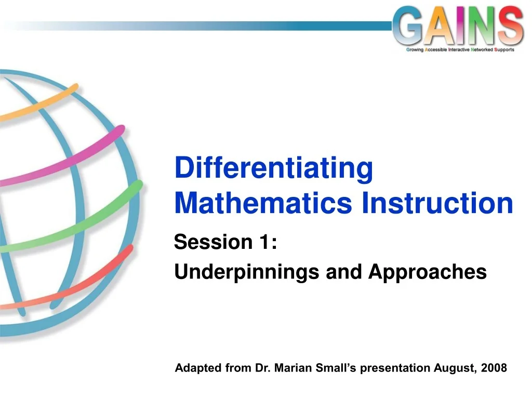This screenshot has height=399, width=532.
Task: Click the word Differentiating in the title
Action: [274, 169]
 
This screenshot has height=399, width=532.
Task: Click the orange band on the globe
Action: [42, 101]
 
